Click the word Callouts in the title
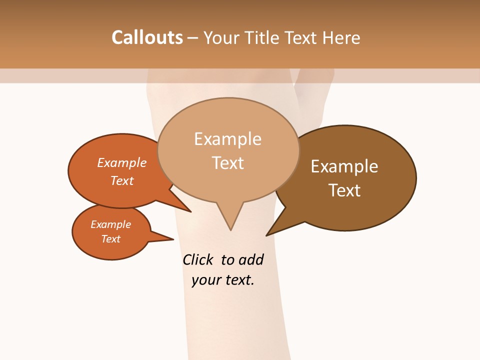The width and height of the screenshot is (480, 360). (147, 37)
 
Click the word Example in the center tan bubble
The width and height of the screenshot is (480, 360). (227, 139)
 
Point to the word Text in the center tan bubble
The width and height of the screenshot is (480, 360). (227, 163)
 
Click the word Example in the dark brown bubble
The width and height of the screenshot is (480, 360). (344, 166)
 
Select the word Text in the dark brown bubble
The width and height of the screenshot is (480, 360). (344, 190)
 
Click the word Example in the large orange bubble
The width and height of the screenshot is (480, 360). (122, 162)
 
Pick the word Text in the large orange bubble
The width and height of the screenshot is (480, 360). (122, 180)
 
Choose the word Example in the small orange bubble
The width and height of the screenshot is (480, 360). (110, 224)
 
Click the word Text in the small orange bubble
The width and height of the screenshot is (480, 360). (110, 239)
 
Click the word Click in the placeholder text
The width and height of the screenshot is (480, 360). (197, 259)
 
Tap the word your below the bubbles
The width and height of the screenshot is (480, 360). (206, 280)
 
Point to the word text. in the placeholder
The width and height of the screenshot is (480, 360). (238, 280)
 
